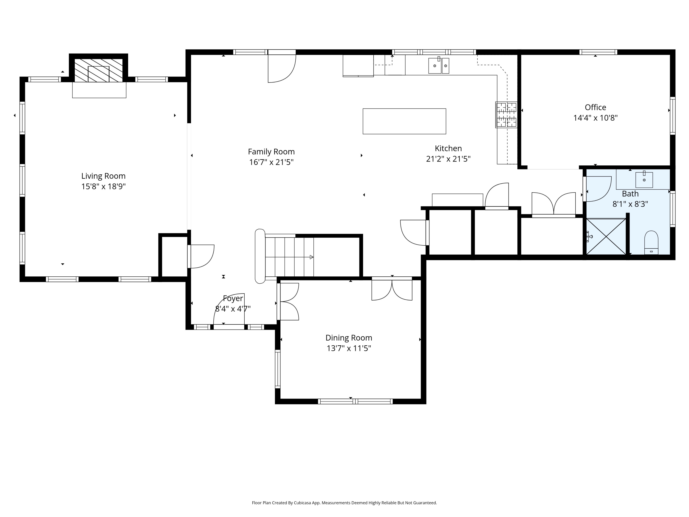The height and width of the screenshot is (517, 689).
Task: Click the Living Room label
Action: [103, 176]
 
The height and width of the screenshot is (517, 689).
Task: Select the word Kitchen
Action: [448, 148]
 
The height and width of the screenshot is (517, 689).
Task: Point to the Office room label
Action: [595, 108]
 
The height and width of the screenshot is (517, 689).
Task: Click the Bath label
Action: [630, 194]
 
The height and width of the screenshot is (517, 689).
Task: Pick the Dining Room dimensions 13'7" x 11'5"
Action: [349, 348]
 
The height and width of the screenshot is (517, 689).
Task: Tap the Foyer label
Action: [233, 298]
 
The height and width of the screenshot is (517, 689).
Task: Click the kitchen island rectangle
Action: [404, 121]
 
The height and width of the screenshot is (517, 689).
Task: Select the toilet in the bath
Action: [651, 242]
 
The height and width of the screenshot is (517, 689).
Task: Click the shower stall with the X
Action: [606, 236]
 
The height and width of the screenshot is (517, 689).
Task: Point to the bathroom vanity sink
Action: [644, 179]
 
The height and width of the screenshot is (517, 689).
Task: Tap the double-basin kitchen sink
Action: [439, 66]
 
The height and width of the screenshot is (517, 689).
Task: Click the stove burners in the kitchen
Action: [506, 115]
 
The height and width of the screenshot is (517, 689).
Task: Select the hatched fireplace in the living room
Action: [99, 71]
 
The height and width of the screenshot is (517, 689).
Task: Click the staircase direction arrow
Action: [289, 257]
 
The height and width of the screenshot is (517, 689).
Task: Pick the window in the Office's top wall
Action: [598, 52]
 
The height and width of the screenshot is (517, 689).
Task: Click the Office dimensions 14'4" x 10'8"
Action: [595, 118]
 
